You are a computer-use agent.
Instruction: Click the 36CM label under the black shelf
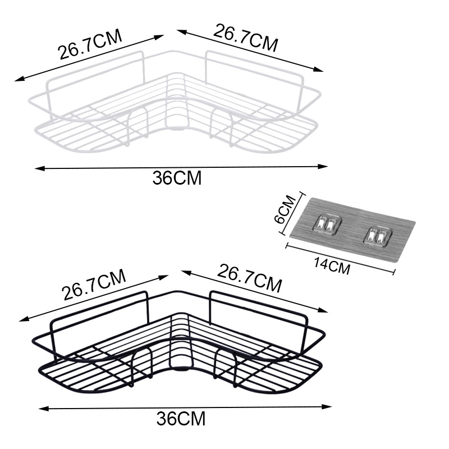pyautogui.click(x=181, y=418)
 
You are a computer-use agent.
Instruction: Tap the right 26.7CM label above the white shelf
pyautogui.click(x=245, y=37)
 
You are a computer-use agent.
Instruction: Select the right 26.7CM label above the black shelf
pyautogui.click(x=249, y=280)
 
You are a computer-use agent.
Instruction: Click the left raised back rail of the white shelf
pyautogui.click(x=95, y=70)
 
